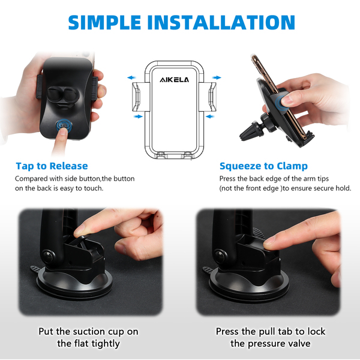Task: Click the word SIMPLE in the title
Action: (x=104, y=22)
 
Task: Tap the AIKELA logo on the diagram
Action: (x=174, y=80)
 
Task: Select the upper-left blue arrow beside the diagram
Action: (x=132, y=77)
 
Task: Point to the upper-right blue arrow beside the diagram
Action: (x=217, y=77)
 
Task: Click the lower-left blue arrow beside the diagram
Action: (x=138, y=116)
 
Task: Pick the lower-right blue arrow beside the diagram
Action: (x=210, y=116)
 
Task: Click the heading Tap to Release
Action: (x=52, y=166)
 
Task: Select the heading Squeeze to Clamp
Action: (x=263, y=166)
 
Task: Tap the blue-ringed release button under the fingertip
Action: (x=64, y=126)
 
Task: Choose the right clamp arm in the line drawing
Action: (x=209, y=97)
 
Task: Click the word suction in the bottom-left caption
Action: (x=88, y=332)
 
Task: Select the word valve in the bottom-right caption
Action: (x=299, y=343)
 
